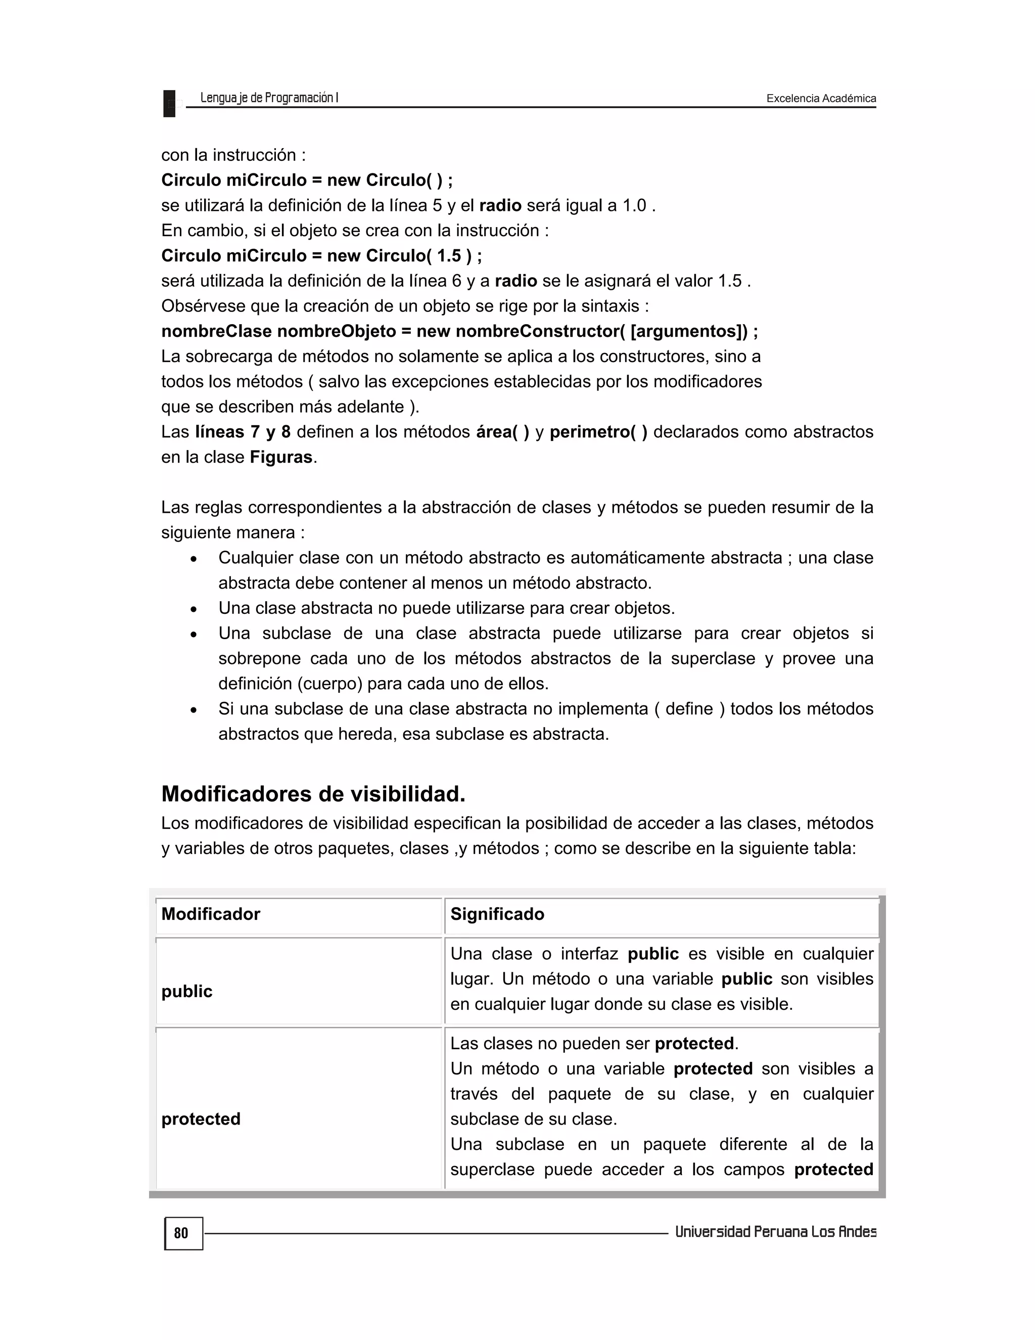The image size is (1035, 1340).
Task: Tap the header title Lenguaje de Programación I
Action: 269,98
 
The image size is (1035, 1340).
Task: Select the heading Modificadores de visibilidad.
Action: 313,794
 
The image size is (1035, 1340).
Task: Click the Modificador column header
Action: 211,914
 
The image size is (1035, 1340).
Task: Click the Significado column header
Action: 497,914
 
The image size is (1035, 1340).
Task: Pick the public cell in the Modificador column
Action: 187,992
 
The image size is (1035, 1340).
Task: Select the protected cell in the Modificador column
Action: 201,1119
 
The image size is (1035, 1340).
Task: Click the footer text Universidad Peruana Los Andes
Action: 775,1232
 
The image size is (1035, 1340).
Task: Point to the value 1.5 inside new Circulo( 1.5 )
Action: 449,256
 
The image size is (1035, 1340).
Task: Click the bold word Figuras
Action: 281,457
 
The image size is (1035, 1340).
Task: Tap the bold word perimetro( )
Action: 598,432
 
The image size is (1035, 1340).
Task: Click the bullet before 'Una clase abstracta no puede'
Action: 194,609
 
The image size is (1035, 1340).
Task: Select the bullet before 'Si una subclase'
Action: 194,710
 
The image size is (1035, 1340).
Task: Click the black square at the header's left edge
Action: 169,103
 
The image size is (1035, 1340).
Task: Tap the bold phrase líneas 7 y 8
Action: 243,432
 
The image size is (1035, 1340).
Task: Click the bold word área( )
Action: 503,432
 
